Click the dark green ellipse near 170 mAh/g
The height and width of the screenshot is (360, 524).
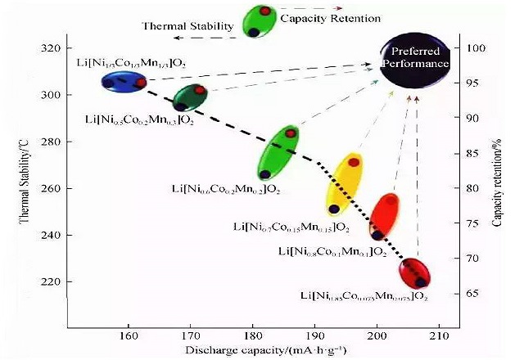(191, 97)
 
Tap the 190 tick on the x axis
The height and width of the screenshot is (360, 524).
(314, 335)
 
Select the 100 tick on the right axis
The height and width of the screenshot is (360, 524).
(477, 48)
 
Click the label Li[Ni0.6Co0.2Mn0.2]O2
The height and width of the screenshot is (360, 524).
(226, 190)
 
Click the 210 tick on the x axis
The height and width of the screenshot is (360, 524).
(439, 335)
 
